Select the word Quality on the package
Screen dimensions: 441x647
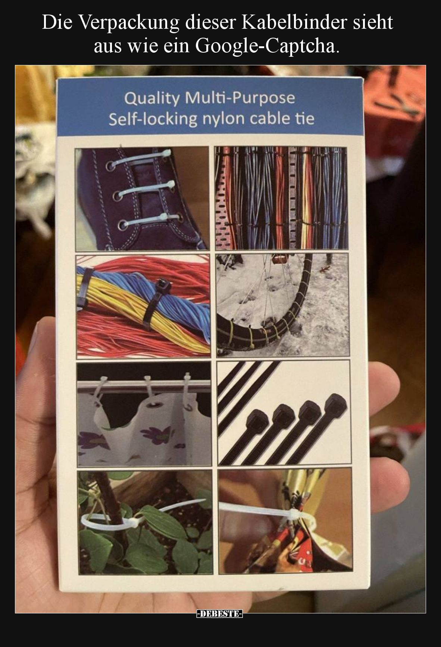click(151, 99)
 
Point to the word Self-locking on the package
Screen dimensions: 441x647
click(153, 119)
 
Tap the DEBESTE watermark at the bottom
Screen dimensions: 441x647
click(220, 614)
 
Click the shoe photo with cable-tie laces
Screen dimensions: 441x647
click(142, 199)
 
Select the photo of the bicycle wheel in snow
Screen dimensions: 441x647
click(282, 304)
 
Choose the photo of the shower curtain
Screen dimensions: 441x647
click(144, 414)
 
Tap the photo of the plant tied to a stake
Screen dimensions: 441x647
click(146, 522)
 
